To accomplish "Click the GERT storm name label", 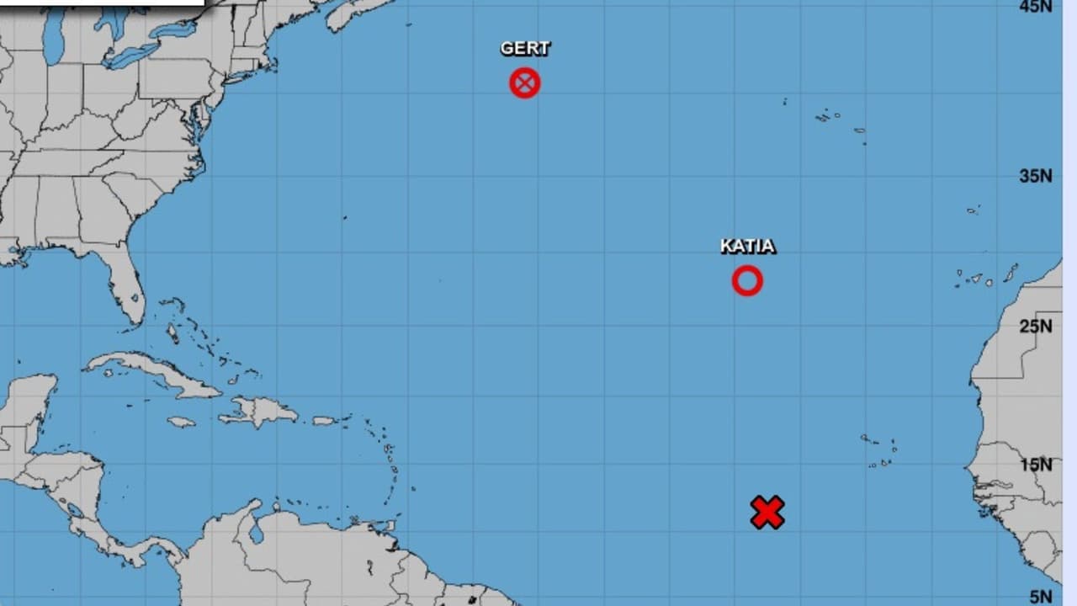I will point(525,49).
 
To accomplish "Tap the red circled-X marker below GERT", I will point(525,83).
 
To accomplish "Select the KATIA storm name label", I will point(747,247).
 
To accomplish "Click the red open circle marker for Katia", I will point(747,280).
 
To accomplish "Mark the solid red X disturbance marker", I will point(767,513).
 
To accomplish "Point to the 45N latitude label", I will point(1035,7).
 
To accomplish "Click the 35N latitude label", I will point(1035,176).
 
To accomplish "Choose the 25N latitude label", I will point(1035,326).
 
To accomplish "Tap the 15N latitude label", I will point(1035,465).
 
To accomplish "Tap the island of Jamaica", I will point(181,422).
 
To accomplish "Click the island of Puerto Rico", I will point(325,420).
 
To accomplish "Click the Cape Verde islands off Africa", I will point(879,450).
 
